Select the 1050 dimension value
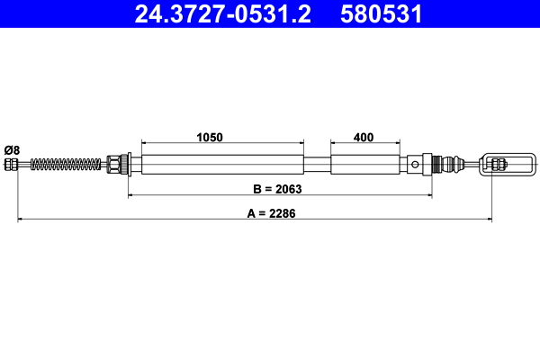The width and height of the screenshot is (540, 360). pyautogui.click(x=210, y=138)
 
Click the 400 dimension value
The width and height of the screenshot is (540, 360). pyautogui.click(x=364, y=138)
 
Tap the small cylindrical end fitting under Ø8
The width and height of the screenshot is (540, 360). pyautogui.click(x=12, y=164)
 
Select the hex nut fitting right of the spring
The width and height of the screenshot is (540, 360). pyautogui.click(x=115, y=164)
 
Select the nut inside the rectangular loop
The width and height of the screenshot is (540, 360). pyautogui.click(x=498, y=164)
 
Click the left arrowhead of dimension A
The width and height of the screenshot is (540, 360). pyautogui.click(x=20, y=219)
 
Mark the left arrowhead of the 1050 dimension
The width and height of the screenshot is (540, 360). pyautogui.click(x=145, y=143)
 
